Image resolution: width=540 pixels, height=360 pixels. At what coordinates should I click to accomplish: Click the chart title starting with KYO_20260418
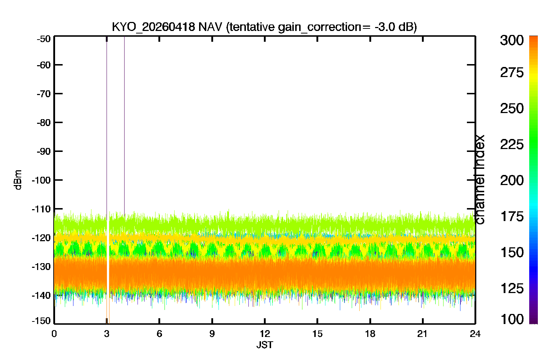coord(264,27)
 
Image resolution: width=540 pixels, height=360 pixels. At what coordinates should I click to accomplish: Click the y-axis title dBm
coord(18,180)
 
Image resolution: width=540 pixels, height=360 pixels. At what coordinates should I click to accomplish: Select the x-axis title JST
coord(265,345)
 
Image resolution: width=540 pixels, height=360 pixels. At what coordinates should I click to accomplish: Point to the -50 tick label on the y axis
coord(44,39)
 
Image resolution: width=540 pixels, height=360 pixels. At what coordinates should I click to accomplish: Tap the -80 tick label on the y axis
coord(44,122)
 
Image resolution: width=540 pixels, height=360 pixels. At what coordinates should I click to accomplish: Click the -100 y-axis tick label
coord(41,180)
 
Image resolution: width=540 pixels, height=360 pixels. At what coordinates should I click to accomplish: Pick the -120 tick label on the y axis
coord(41,238)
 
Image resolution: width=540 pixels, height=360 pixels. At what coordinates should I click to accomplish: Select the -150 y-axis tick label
coord(41,321)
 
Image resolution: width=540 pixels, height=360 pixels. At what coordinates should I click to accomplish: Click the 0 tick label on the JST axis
coord(54,334)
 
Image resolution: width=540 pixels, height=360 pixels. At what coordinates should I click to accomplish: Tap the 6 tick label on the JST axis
coord(159,334)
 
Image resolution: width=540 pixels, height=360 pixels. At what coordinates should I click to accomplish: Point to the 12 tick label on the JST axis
coord(265,334)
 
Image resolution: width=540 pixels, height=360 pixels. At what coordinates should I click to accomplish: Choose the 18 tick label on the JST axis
coord(370,334)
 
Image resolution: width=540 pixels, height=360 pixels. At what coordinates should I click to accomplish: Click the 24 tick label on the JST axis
coord(475,334)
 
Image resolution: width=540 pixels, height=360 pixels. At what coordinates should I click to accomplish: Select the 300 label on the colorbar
coord(512,40)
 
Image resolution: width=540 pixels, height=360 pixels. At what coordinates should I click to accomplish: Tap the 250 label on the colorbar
coord(512,108)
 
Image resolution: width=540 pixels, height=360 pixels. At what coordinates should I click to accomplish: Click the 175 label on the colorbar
coord(512,216)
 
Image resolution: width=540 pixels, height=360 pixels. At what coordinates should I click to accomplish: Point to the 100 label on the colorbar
coord(512,319)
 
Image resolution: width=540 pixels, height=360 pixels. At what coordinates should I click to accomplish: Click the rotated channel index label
coord(480,180)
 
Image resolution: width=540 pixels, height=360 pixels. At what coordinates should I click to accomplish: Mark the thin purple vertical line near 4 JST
coord(125,125)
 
